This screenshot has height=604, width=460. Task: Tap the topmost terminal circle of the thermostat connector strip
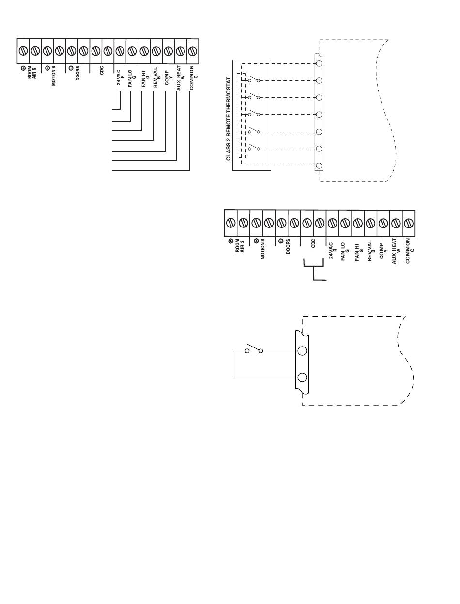pos(319,63)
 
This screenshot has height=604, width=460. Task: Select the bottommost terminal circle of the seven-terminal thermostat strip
pos(319,166)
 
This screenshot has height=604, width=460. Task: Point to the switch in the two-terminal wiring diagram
pos(254,349)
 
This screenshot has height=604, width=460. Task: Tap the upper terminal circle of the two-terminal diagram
pos(303,351)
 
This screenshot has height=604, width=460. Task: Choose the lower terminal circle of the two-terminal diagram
pos(303,377)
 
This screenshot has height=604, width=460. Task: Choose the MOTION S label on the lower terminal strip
pos(262,249)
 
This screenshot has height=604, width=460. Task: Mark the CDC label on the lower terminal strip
pos(313,243)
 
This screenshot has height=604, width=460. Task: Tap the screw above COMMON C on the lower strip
pos(409,223)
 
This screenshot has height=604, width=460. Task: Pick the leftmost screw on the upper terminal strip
pos(23,50)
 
